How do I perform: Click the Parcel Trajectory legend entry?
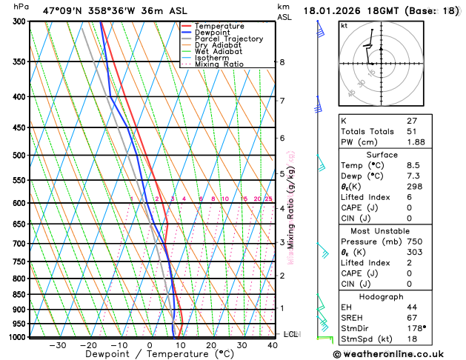tap(228, 39)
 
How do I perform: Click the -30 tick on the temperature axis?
tap(57, 345)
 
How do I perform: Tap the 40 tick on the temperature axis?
tap(273, 345)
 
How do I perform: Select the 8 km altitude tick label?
tap(282, 62)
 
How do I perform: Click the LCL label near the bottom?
tap(290, 334)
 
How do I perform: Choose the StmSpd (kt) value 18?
tap(412, 339)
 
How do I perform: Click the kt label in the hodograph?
tap(344, 25)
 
